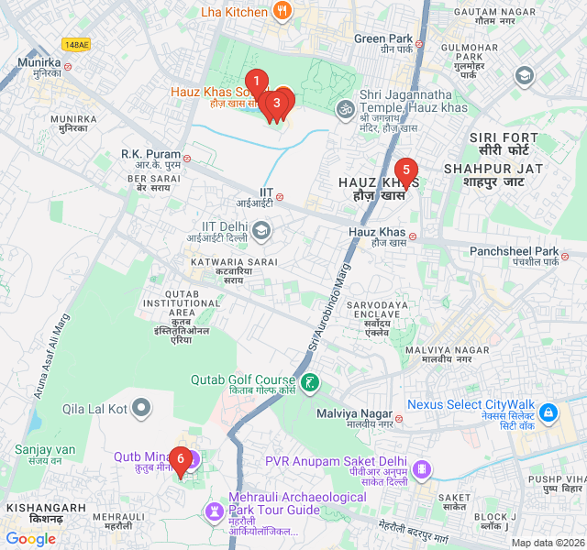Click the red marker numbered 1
[x=258, y=82]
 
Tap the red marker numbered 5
[x=405, y=170]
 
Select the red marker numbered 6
[x=181, y=458]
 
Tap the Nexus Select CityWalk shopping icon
[x=548, y=413]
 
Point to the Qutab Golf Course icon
[x=311, y=381]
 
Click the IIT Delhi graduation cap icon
[x=261, y=229]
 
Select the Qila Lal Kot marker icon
[x=141, y=407]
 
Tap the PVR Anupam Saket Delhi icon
[x=421, y=469]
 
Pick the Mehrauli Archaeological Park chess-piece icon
[x=215, y=509]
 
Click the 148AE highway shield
[x=76, y=44]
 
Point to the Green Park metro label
[x=383, y=38]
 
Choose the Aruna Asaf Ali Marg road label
[x=51, y=357]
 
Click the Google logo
[x=31, y=539]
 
